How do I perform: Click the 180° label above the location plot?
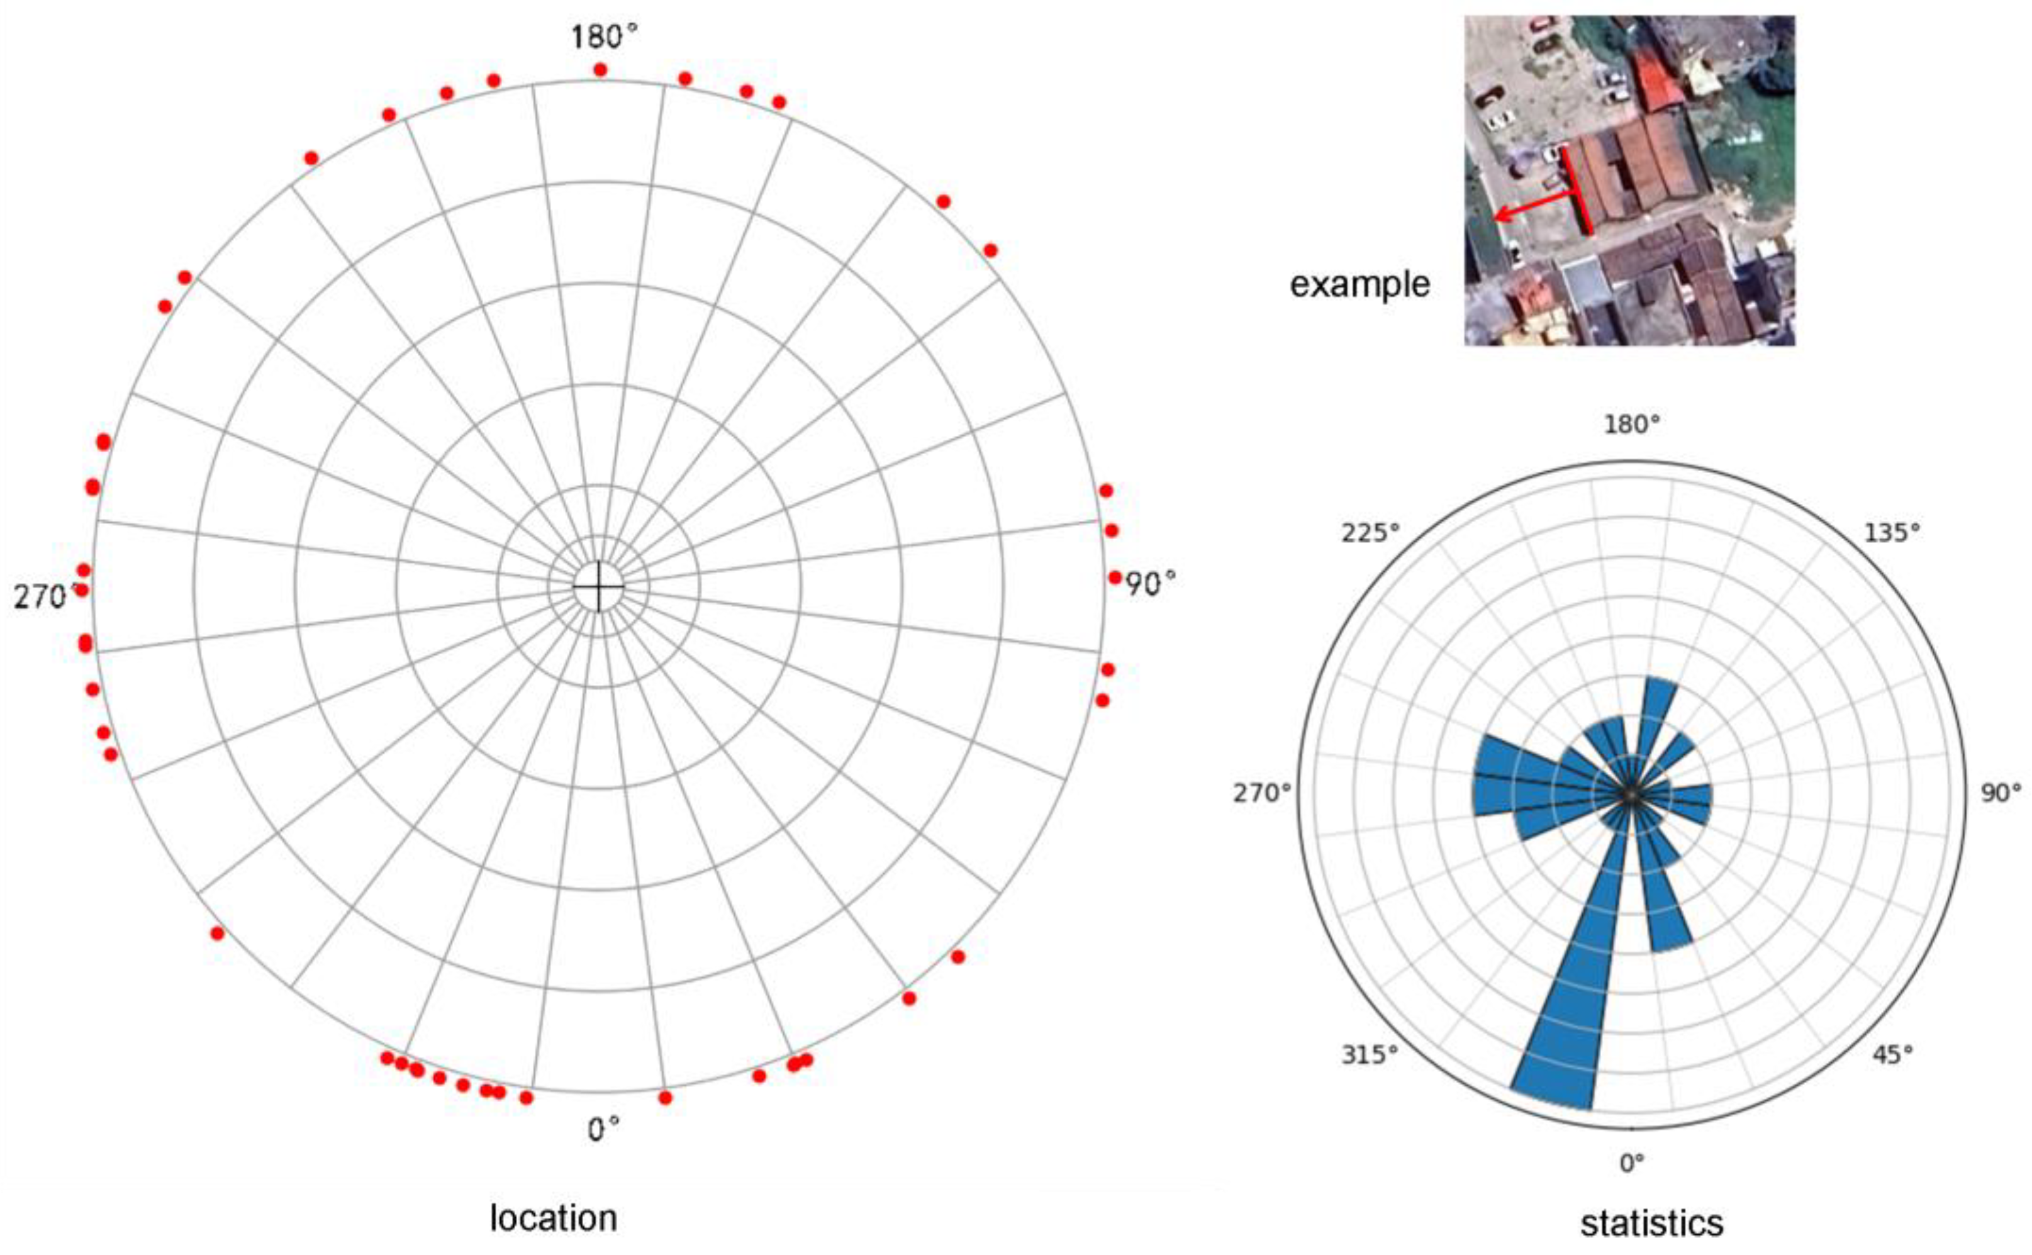(x=605, y=37)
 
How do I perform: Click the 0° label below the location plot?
(x=603, y=1129)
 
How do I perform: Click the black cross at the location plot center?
(x=598, y=586)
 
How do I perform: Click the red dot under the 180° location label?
(x=600, y=70)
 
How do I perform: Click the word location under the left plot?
(x=553, y=1219)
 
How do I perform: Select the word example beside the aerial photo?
(x=1359, y=285)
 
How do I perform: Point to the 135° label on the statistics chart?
(x=1892, y=532)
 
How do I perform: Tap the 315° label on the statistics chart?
(x=1370, y=1055)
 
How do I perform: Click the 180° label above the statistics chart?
(x=1632, y=426)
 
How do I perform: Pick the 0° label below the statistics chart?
(x=1632, y=1164)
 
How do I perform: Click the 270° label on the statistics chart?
(x=1261, y=793)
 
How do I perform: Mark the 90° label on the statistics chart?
(x=2001, y=793)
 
